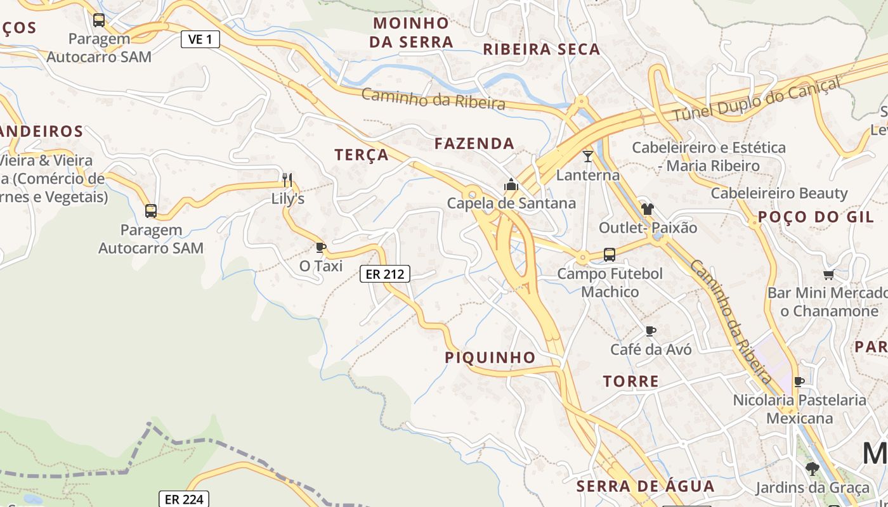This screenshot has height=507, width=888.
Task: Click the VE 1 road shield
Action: pyautogui.click(x=200, y=39)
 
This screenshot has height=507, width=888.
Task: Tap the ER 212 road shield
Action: pyautogui.click(x=385, y=274)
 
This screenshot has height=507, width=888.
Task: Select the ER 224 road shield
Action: pyautogui.click(x=184, y=499)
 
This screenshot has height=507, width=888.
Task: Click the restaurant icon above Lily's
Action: pyautogui.click(x=287, y=179)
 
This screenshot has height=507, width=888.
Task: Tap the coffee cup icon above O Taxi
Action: pyautogui.click(x=320, y=247)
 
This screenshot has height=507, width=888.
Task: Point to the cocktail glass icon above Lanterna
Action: pyautogui.click(x=588, y=156)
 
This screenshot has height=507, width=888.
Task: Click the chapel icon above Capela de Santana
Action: pyautogui.click(x=511, y=185)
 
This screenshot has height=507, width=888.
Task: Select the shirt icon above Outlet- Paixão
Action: pyautogui.click(x=647, y=209)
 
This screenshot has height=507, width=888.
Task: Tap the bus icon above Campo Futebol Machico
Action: pyautogui.click(x=610, y=255)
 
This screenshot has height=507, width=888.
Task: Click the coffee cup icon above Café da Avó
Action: pyautogui.click(x=650, y=331)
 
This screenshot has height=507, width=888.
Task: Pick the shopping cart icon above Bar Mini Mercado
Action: pyautogui.click(x=828, y=275)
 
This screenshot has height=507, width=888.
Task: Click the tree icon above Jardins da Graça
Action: pyautogui.click(x=812, y=469)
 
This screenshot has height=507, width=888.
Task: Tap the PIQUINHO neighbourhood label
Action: pyautogui.click(x=490, y=357)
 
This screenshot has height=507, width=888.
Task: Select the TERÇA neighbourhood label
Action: pyautogui.click(x=362, y=155)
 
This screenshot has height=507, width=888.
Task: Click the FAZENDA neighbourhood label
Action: pyautogui.click(x=474, y=144)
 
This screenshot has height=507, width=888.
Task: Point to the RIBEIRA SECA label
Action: pyautogui.click(x=542, y=49)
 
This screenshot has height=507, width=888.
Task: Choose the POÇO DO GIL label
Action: pyautogui.click(x=816, y=217)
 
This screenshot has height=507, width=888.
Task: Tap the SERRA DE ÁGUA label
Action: pyautogui.click(x=646, y=487)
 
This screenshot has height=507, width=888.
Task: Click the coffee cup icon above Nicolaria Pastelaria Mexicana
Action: pyautogui.click(x=799, y=382)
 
